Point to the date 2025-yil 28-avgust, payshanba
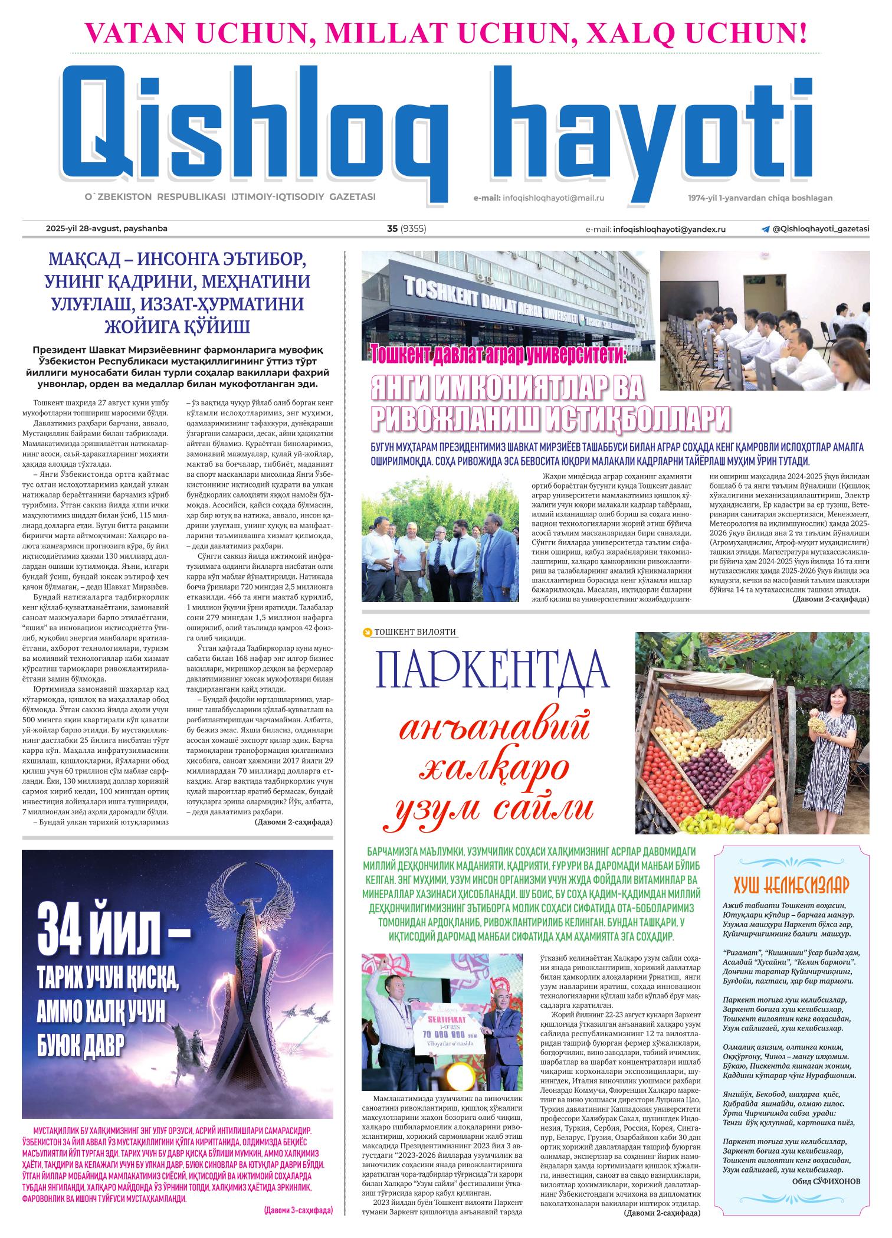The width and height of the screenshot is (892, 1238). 103,229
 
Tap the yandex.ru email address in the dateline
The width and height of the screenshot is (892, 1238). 670,230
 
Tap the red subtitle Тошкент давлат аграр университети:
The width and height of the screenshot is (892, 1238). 499,353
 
